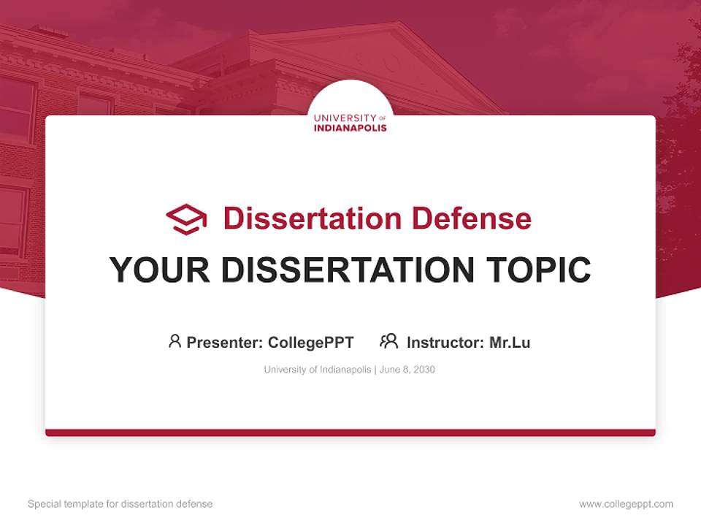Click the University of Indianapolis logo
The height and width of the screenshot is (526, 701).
point(350,122)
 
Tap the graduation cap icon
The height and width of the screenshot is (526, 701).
point(186,219)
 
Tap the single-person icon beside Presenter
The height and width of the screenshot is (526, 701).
point(175,340)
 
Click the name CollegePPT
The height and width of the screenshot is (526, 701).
point(311,342)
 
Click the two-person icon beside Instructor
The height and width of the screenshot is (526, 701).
point(388,340)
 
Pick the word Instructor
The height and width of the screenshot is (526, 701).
point(445,342)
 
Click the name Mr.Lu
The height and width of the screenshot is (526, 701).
point(510,342)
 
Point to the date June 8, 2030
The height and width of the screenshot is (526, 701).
point(407,370)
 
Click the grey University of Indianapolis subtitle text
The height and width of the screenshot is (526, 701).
point(318,370)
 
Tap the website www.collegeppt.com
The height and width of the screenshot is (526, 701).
point(626,504)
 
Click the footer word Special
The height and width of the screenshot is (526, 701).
point(45,504)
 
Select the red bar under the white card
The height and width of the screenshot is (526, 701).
point(350,432)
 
